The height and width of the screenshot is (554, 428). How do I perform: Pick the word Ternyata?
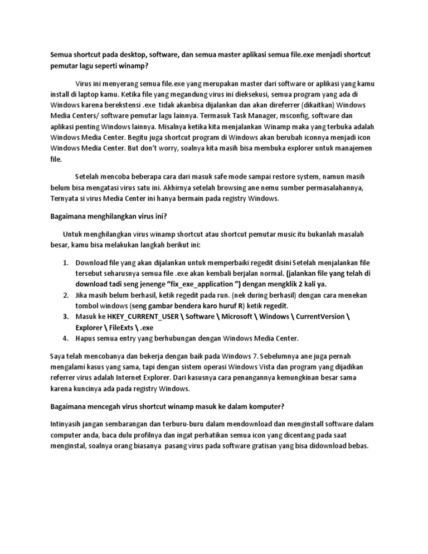coord(66,198)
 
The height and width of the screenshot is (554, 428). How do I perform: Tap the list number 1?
coord(65,263)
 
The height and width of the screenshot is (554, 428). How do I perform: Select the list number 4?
coord(65,338)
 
